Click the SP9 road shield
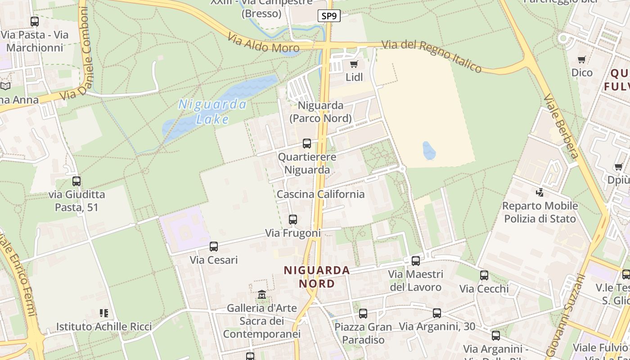[x=329, y=16]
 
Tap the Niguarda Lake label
[x=212, y=112]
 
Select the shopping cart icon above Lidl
[x=354, y=64]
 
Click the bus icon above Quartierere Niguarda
[x=307, y=144]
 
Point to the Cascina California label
[x=320, y=194]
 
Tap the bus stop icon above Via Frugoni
[x=293, y=220]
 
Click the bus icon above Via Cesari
[x=214, y=247]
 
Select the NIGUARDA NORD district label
[x=317, y=277]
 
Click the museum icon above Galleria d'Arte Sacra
[x=262, y=295]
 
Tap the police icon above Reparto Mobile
[x=540, y=193]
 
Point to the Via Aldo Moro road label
[x=263, y=42]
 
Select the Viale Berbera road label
[x=561, y=126]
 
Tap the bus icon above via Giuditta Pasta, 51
[x=76, y=181]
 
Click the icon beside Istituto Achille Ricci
[x=104, y=313]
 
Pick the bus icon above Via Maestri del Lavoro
[x=416, y=261]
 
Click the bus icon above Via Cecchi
[x=484, y=275]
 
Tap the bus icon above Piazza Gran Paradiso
[x=363, y=314]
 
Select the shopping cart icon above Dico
[x=582, y=59]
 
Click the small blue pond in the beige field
[x=429, y=151]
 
